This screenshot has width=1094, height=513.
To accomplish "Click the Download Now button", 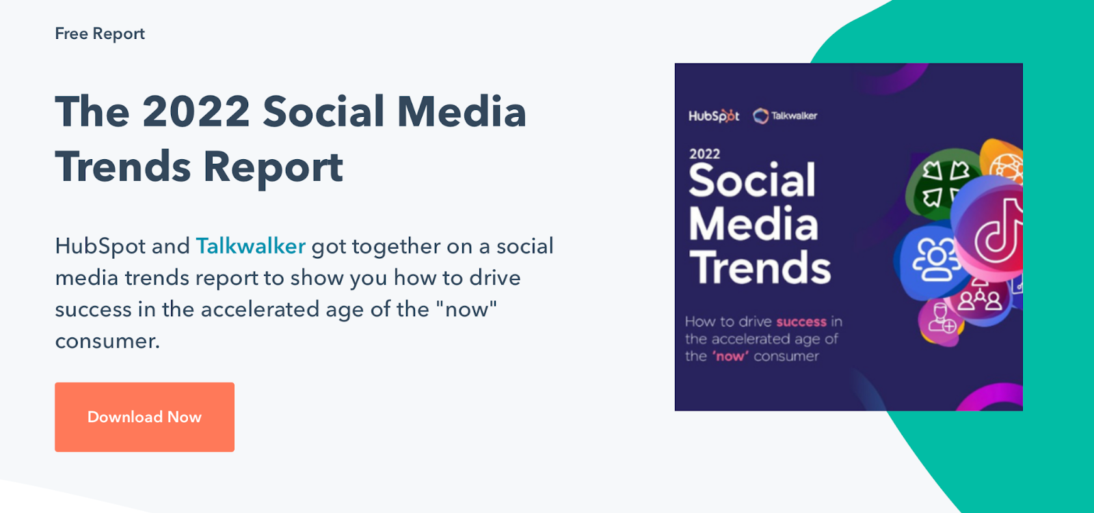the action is pyautogui.click(x=144, y=417).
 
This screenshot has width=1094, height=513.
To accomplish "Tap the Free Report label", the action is pyautogui.click(x=100, y=33).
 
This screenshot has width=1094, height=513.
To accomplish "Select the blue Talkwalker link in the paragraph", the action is pyautogui.click(x=250, y=246).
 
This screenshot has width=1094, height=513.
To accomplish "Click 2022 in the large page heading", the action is pyautogui.click(x=196, y=112).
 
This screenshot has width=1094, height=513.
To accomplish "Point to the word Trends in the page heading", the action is pyautogui.click(x=123, y=167).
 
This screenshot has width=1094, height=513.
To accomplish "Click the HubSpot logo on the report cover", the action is pyautogui.click(x=714, y=116).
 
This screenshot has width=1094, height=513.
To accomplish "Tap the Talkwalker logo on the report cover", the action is pyautogui.click(x=785, y=116).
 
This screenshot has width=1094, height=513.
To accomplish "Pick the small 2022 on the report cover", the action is pyautogui.click(x=704, y=154).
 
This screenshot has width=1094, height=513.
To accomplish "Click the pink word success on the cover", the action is pyautogui.click(x=801, y=322).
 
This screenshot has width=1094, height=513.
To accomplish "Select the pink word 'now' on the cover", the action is pyautogui.click(x=731, y=357).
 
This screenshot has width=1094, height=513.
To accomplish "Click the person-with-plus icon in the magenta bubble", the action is pyautogui.click(x=941, y=319).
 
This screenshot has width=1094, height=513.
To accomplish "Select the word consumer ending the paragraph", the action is pyautogui.click(x=107, y=341).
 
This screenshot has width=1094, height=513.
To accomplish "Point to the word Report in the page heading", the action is pyautogui.click(x=273, y=169).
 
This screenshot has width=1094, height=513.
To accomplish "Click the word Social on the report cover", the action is pyautogui.click(x=752, y=180).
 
